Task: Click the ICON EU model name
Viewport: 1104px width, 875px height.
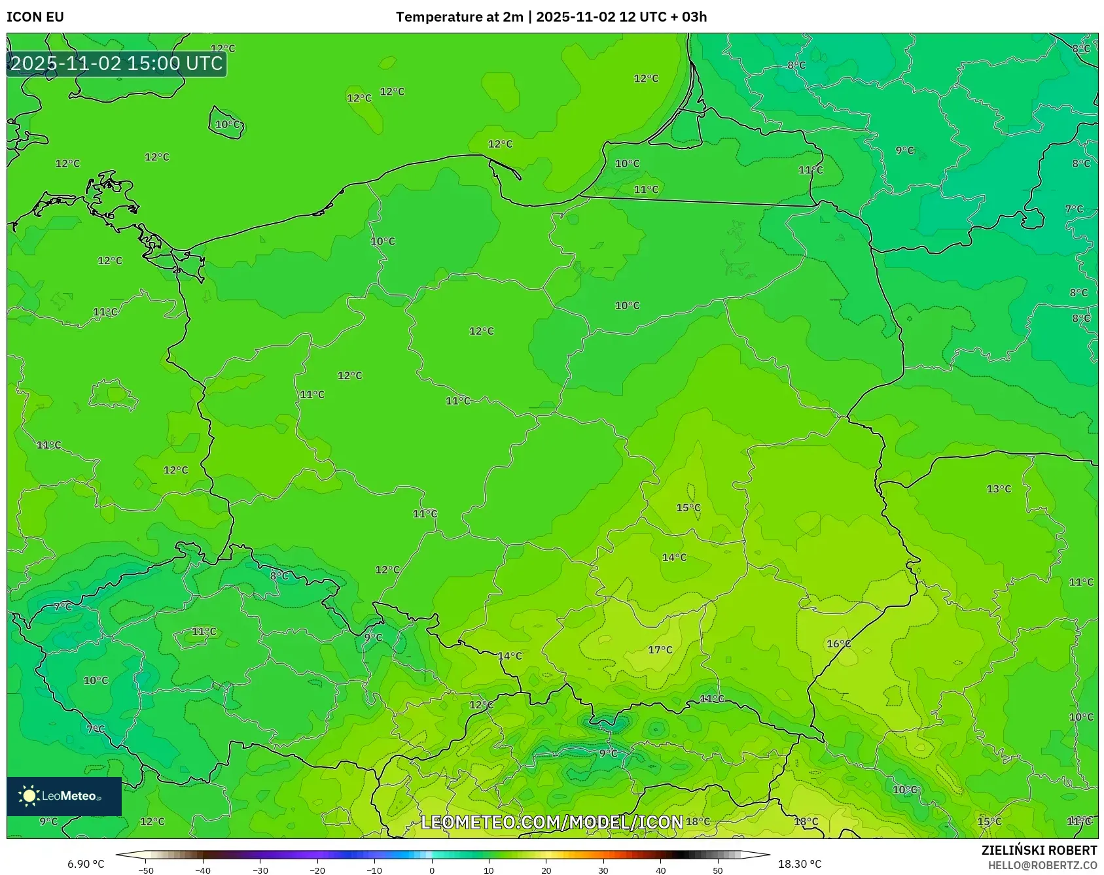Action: point(35,17)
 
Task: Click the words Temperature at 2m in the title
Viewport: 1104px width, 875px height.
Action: point(459,17)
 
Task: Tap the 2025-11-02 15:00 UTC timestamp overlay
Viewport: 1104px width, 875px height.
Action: point(116,63)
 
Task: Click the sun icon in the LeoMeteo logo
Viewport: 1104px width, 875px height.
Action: point(29,796)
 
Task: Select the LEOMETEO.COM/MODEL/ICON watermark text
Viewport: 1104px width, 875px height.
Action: point(552,822)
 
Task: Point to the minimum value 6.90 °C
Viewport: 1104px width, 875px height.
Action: point(86,864)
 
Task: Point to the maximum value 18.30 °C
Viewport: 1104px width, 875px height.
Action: point(800,864)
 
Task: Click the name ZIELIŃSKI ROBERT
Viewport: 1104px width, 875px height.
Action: point(1039,850)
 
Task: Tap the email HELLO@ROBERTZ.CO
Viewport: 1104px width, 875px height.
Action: point(1042,865)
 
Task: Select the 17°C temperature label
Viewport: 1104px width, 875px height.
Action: point(660,649)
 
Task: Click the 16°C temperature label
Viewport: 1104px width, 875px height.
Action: point(838,643)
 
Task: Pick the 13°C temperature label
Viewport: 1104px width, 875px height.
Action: point(999,489)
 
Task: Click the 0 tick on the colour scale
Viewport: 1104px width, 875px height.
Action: point(431,870)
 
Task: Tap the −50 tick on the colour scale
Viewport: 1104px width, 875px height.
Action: point(146,870)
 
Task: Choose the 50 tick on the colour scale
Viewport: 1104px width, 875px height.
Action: point(718,870)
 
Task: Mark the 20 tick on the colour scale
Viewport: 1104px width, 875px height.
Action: point(546,870)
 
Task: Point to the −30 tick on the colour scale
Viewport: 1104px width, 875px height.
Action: point(260,870)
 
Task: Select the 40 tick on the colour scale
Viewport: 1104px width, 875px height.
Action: point(660,870)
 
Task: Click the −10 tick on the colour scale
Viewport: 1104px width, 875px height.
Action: point(374,870)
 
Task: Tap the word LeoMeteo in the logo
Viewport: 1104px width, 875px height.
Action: point(69,796)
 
